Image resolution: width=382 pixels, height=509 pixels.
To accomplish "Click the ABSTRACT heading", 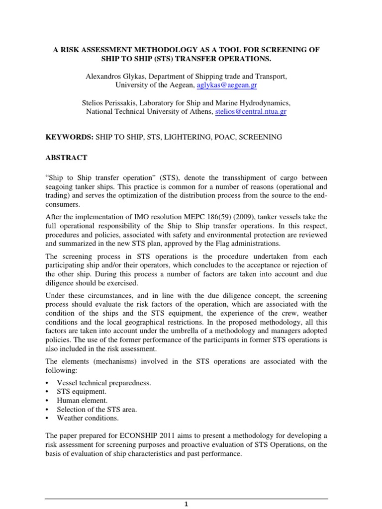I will tap(66, 158).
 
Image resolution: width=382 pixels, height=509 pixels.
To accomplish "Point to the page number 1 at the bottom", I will tap(187, 504).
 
